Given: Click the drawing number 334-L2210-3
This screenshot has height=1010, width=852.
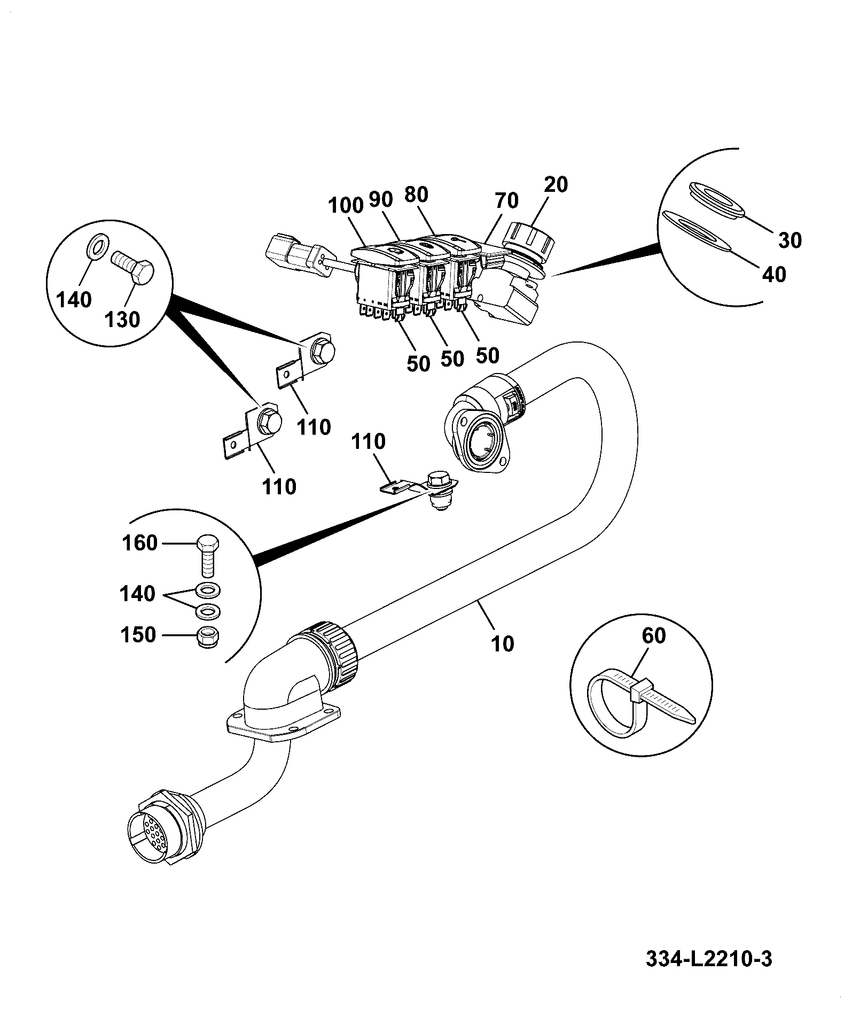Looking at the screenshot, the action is pos(709,959).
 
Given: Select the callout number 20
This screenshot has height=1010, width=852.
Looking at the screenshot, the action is pos(557,184).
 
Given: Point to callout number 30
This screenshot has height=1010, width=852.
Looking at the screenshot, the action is pos(790,240).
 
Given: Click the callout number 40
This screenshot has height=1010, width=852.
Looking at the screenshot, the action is pos(774,274).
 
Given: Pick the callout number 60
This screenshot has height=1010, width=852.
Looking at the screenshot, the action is pos(654,636).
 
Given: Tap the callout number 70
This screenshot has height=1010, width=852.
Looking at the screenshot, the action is pos(506,200).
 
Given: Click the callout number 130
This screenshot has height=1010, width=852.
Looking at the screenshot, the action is pos(122,320).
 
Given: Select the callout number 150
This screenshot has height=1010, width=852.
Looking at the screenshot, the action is pos(138,634).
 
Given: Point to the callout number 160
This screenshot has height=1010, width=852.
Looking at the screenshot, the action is pos(140,543).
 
